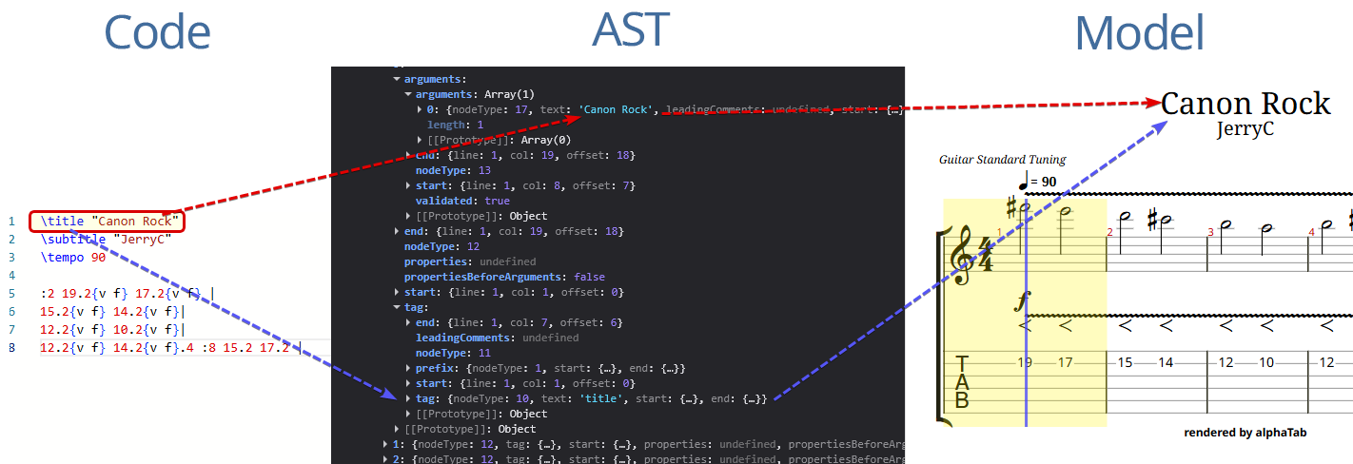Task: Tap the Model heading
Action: (x=1140, y=33)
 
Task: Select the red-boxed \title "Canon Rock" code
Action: (x=106, y=222)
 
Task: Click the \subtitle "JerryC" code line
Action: (x=105, y=239)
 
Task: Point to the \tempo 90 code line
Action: (x=73, y=257)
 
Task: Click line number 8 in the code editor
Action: (x=11, y=348)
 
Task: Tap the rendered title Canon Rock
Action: (x=1245, y=104)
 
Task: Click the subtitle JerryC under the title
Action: (x=1245, y=129)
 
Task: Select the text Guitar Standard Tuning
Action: (x=1002, y=160)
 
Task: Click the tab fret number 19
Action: (x=1025, y=362)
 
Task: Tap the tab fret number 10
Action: (x=1266, y=362)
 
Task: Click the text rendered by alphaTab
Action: (x=1245, y=433)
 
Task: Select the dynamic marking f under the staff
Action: (x=1023, y=302)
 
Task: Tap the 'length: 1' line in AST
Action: (x=456, y=125)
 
